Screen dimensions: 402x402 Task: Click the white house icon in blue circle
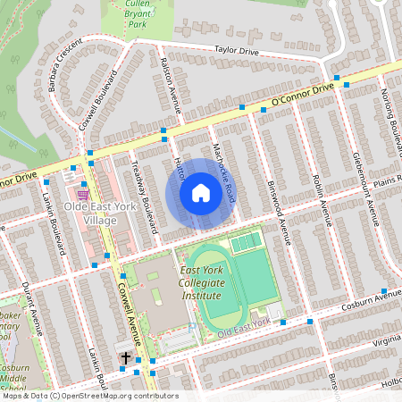click(201, 192)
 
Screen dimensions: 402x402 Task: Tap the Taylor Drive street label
click(237, 53)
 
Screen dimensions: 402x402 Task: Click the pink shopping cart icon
click(82, 194)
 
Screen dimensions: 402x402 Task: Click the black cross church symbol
click(126, 358)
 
